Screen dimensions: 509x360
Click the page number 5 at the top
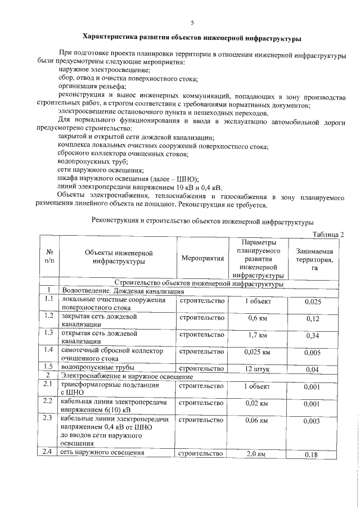[192, 22]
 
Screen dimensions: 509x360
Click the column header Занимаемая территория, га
[314, 258]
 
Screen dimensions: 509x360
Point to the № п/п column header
[49, 258]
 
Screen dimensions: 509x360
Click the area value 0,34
[312, 336]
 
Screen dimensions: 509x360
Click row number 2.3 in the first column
[48, 419]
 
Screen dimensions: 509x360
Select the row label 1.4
[48, 350]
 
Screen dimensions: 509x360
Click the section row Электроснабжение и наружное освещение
[127, 376]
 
